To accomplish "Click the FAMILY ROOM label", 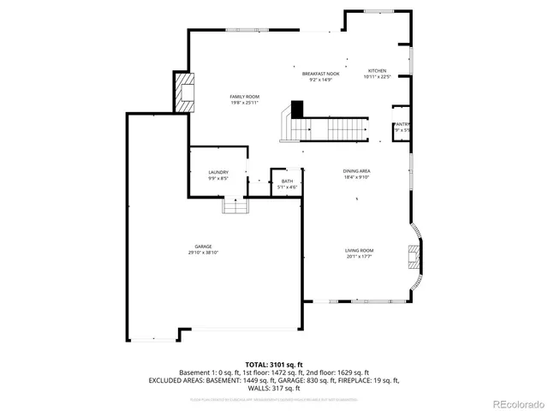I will pyautogui.click(x=244, y=97).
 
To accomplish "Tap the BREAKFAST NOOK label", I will pyautogui.click(x=321, y=74).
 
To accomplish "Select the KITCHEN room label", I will pyautogui.click(x=377, y=71).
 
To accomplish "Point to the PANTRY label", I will pyautogui.click(x=402, y=124).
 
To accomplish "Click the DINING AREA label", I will pyautogui.click(x=356, y=171).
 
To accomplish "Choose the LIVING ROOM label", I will pyautogui.click(x=360, y=250).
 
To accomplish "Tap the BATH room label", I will pyautogui.click(x=287, y=181).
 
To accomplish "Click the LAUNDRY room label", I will pyautogui.click(x=217, y=173).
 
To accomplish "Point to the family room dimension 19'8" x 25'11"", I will pyautogui.click(x=244, y=103).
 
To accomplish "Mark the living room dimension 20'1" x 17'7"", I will pyautogui.click(x=360, y=256).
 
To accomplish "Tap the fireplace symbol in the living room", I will pyautogui.click(x=414, y=257).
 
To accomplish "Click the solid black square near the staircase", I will pyautogui.click(x=296, y=110).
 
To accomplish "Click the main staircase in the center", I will pyautogui.click(x=325, y=129).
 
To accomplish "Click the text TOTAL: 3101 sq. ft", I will pyautogui.click(x=274, y=365).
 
